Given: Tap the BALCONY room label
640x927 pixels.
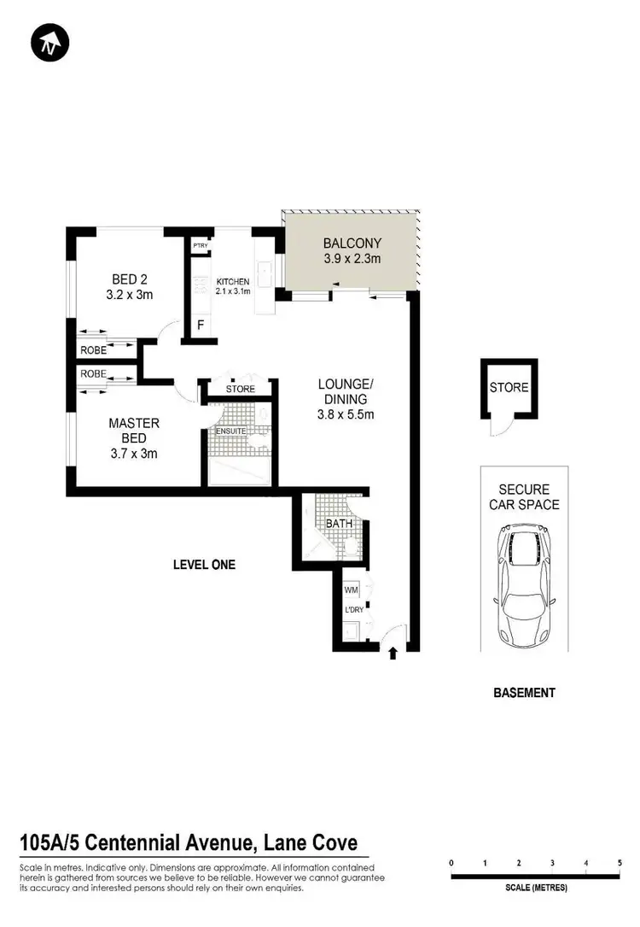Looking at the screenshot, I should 352,243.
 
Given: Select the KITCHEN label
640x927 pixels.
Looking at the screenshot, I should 232,282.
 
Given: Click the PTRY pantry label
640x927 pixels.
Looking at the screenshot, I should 201,247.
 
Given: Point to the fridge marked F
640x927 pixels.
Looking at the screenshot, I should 201,325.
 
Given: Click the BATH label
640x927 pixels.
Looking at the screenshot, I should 339,522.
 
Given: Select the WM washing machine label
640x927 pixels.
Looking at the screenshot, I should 351,590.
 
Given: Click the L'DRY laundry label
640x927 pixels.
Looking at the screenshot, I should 354,610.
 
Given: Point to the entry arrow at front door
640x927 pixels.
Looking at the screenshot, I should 393,654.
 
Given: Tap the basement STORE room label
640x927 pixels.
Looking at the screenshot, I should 509,388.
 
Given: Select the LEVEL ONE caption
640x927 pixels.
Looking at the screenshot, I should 204,565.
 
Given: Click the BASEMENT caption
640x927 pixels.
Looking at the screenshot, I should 524,693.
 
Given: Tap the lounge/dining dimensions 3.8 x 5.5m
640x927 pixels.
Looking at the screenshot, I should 345,414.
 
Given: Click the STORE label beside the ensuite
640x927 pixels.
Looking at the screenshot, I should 241,390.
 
